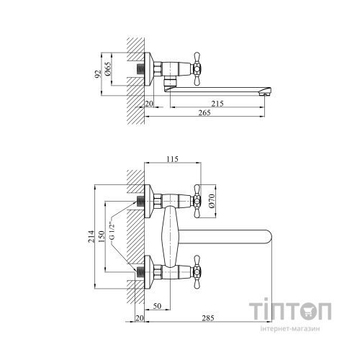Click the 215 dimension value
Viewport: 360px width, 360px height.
pos(217,104)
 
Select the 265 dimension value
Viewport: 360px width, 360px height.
pos(204,112)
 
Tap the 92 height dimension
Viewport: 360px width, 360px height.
pos(98,74)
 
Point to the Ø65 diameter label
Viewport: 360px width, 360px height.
pos(108,70)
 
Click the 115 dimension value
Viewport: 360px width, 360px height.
pos(172,159)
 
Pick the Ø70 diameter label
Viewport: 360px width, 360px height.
pos(212,201)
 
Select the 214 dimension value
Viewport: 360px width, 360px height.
pos(91,236)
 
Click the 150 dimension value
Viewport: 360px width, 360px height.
pos(102,236)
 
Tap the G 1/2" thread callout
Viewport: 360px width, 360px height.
pos(112,230)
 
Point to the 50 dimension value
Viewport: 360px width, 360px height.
pos(157,306)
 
